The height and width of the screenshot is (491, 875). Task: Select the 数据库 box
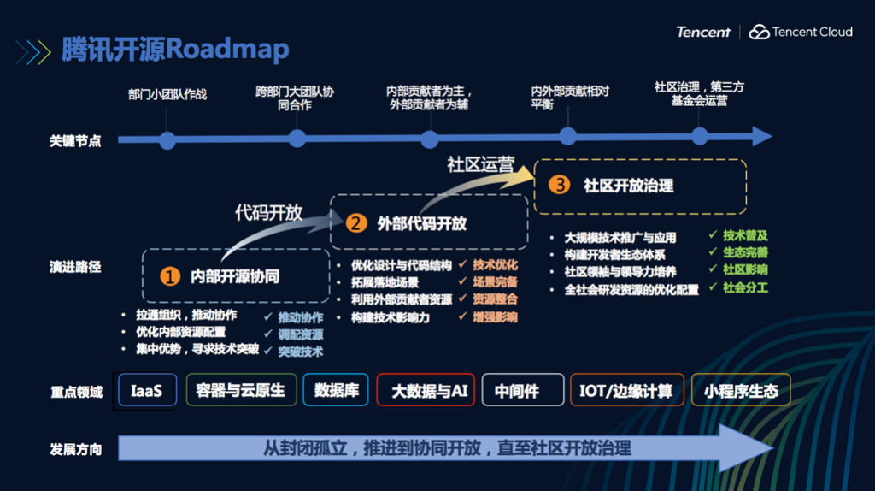[336, 391]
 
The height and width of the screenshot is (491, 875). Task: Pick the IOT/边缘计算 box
[626, 391]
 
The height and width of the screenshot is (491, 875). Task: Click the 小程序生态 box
[741, 391]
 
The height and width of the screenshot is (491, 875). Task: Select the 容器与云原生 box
[240, 391]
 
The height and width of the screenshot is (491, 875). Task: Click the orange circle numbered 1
[170, 276]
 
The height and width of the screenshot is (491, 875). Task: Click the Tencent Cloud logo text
[812, 33]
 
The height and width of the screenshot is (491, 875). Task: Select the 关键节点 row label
[75, 140]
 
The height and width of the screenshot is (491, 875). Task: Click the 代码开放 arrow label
[268, 213]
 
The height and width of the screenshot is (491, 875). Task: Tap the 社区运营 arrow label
[481, 165]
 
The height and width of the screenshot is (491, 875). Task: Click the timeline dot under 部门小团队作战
[167, 140]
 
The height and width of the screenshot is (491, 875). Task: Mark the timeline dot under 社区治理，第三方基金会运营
[700, 137]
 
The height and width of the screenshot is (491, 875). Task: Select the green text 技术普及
[745, 235]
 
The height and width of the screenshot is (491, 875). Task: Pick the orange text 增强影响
[495, 317]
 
